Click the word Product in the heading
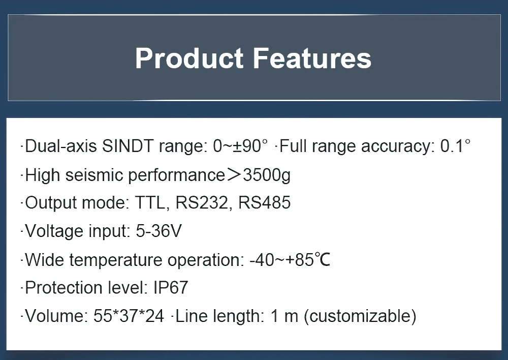189,58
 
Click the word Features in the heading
312,58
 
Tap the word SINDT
129,146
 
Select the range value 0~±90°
240,146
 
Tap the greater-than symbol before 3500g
234,175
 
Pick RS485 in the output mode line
264,203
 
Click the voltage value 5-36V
158,231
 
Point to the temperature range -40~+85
281,260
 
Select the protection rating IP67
170,288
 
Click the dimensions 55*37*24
129,316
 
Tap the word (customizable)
360,316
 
